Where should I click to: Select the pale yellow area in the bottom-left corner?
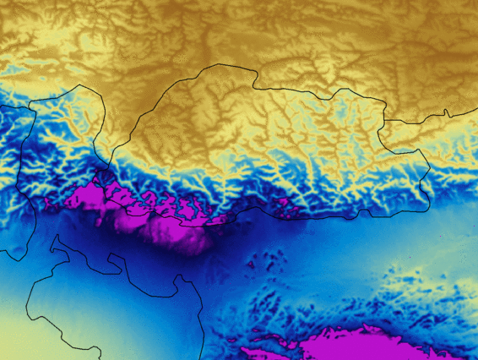[x=21, y=334]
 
